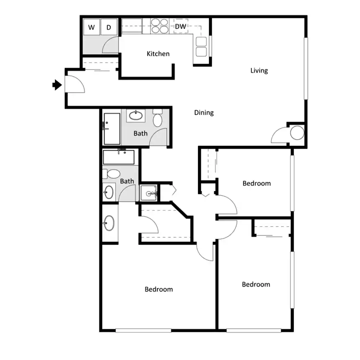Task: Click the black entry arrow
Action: click(x=57, y=85)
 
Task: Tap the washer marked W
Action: click(x=91, y=27)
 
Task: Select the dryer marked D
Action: click(x=109, y=27)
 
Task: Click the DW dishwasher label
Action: click(x=180, y=26)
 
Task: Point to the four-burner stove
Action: click(x=160, y=26)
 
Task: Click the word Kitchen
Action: click(x=158, y=54)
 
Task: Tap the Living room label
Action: click(x=259, y=71)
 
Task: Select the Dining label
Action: click(x=204, y=113)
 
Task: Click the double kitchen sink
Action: click(x=201, y=47)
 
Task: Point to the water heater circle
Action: click(x=297, y=133)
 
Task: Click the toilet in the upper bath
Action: click(x=158, y=118)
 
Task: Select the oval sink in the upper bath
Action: click(x=136, y=115)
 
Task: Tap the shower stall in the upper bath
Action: click(x=112, y=129)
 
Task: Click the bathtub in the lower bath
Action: click(x=119, y=157)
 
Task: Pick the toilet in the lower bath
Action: click(x=111, y=174)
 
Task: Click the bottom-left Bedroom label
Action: click(x=159, y=289)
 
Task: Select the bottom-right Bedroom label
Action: click(x=256, y=284)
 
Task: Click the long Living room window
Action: click(x=306, y=69)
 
